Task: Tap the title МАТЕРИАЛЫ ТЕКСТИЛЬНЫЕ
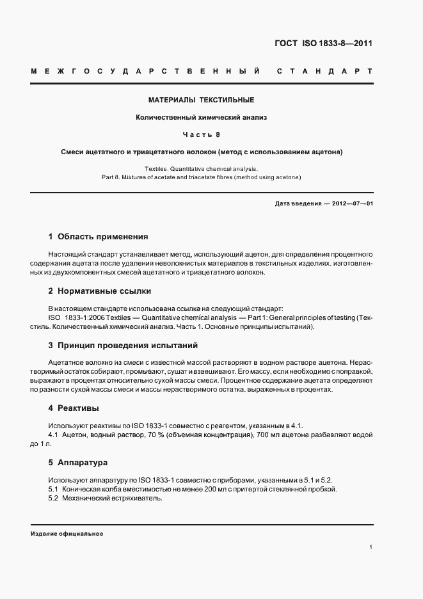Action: pos(202,100)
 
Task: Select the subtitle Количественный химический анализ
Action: pos(202,117)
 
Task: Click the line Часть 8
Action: pos(202,134)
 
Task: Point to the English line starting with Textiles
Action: pos(202,168)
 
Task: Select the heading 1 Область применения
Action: pos(98,236)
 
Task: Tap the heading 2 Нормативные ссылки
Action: pos(99,291)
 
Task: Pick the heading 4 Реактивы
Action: pos(73,408)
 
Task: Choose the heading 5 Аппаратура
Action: pos(77,461)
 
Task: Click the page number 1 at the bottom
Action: pos(371,547)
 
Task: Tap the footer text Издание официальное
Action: pos(67,533)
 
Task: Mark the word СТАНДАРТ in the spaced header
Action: pos(323,70)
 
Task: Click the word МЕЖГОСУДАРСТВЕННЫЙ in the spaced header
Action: pos(145,70)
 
